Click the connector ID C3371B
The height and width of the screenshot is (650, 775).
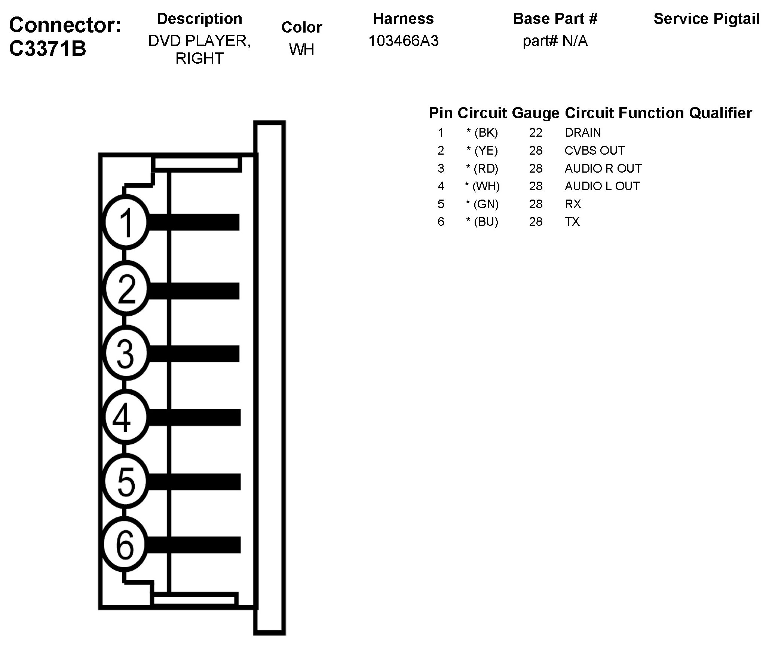pyautogui.click(x=48, y=49)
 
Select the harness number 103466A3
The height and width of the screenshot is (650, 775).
pyautogui.click(x=403, y=41)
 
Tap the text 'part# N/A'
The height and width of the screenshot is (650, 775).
pyautogui.click(x=555, y=41)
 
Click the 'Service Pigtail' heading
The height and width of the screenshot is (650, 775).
pyautogui.click(x=707, y=19)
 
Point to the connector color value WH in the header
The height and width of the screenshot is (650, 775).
pyautogui.click(x=301, y=49)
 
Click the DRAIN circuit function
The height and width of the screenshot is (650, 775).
pyautogui.click(x=583, y=133)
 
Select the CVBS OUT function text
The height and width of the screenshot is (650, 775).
pyautogui.click(x=594, y=151)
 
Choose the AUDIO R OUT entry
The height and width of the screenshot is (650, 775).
pyautogui.click(x=603, y=168)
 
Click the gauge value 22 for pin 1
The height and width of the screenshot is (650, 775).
pyautogui.click(x=536, y=133)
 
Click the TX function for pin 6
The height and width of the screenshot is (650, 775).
pyautogui.click(x=572, y=222)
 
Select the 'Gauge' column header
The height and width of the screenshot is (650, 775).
pyautogui.click(x=535, y=113)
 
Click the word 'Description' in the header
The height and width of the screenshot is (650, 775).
pyautogui.click(x=199, y=19)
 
